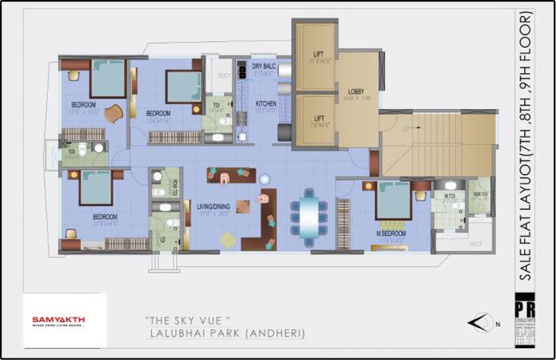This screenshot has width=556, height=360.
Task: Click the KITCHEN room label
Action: [266, 104]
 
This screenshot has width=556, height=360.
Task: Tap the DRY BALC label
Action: [264, 67]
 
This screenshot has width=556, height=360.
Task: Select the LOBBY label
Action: [356, 93]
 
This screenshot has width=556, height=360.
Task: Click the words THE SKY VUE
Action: [189, 319]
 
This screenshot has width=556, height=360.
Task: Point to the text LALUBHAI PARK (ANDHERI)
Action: [226, 335]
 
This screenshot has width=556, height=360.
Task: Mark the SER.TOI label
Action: [480, 195]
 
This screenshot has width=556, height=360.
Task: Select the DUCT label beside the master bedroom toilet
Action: [475, 245]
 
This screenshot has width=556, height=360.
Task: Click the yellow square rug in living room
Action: [228, 238]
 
